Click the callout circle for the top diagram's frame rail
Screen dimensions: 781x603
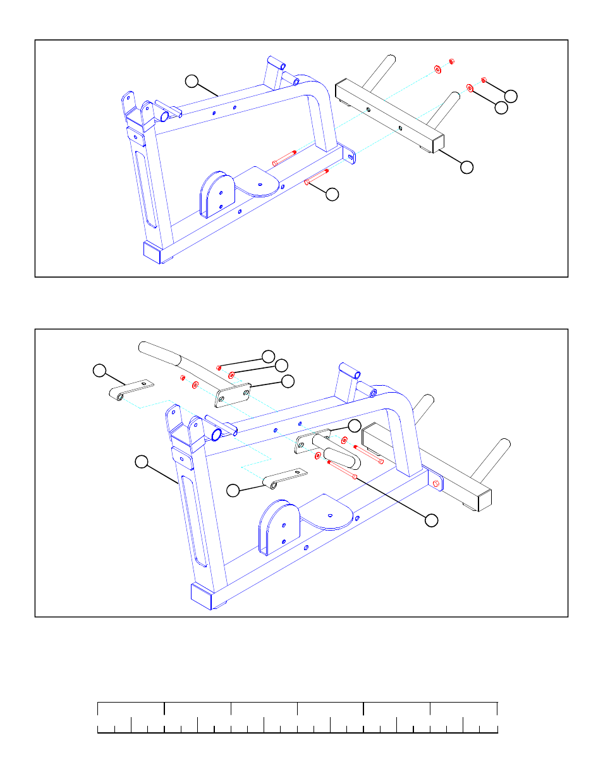(192, 81)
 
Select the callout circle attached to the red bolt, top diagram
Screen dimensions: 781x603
(332, 194)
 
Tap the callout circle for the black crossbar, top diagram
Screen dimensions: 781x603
(466, 167)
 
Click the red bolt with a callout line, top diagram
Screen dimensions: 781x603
(316, 177)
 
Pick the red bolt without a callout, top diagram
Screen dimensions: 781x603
(284, 157)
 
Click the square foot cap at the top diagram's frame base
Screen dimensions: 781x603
(152, 252)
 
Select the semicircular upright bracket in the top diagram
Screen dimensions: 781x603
(217, 194)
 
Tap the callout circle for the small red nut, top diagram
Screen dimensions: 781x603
(511, 96)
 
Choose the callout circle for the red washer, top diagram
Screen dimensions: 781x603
(501, 108)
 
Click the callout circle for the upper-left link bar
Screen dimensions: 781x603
(100, 371)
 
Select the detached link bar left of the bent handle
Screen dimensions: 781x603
(131, 390)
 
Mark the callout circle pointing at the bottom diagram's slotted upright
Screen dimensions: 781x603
(142, 462)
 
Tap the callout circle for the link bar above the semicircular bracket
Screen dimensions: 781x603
(233, 490)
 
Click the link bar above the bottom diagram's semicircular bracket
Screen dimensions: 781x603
(284, 478)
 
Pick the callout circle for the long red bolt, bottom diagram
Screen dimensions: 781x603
(431, 520)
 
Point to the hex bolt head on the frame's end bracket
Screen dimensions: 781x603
(436, 483)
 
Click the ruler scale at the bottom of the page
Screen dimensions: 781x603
(297, 717)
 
